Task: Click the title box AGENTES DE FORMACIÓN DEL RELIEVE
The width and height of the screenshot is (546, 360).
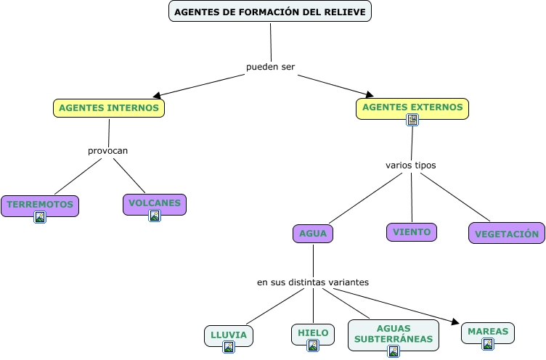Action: click(270, 12)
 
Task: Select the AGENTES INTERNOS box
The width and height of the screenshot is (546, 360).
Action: click(109, 107)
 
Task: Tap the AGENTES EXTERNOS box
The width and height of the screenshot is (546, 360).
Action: click(412, 107)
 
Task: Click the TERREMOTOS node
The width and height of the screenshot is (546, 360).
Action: click(40, 205)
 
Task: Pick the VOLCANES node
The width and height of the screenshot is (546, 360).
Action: click(155, 203)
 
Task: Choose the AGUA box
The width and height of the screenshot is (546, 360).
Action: click(313, 234)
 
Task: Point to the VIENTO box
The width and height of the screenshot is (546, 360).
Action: click(412, 232)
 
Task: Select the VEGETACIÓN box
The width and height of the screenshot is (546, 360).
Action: click(507, 234)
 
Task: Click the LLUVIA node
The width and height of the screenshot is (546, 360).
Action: click(229, 335)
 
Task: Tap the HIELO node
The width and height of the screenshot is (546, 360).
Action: click(313, 333)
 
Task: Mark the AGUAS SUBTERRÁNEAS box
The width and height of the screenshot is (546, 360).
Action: click(394, 334)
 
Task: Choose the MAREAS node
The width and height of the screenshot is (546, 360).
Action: click(488, 332)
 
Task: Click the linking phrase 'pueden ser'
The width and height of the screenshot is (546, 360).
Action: click(270, 67)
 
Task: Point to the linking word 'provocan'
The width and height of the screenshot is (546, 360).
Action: click(107, 151)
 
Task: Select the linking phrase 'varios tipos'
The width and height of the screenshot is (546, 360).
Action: click(411, 165)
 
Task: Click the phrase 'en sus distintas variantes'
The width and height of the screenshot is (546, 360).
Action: click(313, 282)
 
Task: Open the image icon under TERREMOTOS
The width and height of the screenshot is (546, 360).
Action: click(40, 216)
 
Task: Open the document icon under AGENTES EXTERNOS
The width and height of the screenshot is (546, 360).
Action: click(412, 119)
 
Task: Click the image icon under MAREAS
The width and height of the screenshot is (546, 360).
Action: click(488, 344)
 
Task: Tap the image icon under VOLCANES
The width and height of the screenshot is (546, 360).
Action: click(155, 216)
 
